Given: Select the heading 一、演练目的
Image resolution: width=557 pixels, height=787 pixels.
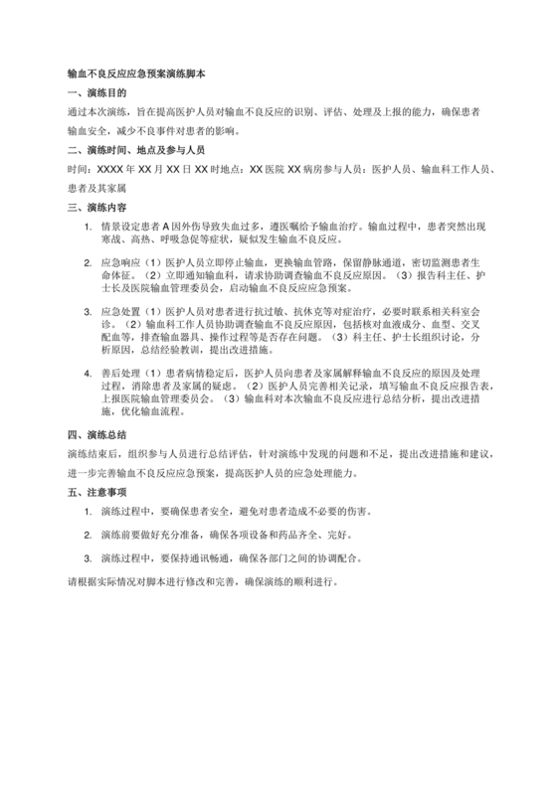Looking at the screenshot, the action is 94,93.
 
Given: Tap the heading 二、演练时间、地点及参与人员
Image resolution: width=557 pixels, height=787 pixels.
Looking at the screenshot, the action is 135,150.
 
